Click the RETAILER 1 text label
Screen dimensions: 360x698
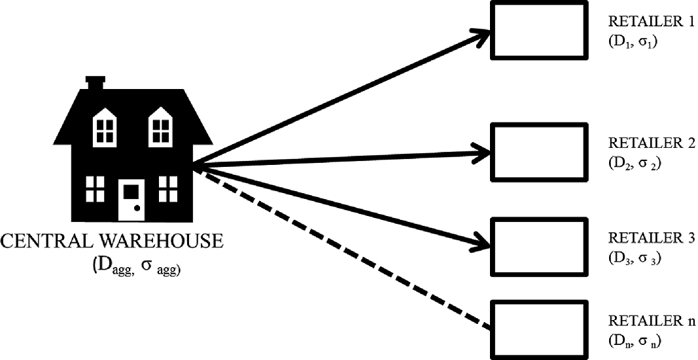[650, 24]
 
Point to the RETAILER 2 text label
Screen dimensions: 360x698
[650, 144]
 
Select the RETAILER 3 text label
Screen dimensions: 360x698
[650, 237]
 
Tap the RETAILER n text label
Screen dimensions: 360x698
[650, 321]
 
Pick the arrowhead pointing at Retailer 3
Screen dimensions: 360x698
[481, 243]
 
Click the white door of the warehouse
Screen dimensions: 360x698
[131, 200]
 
